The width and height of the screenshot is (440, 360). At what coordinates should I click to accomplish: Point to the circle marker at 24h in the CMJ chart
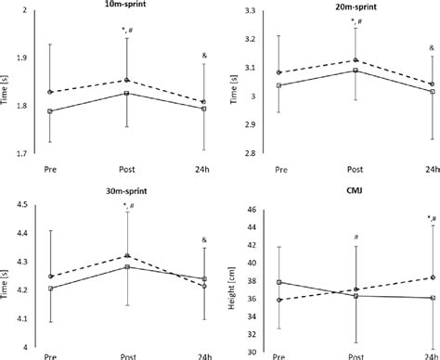[431, 277]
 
